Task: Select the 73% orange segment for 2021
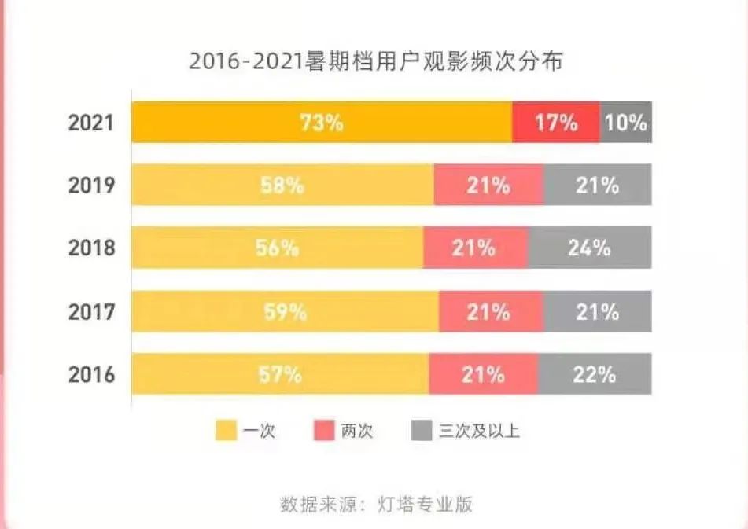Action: point(321,123)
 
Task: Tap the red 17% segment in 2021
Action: point(556,123)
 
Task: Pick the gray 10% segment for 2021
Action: point(626,123)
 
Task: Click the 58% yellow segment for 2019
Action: point(282,186)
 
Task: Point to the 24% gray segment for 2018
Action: point(590,248)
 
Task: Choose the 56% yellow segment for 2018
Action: point(277,248)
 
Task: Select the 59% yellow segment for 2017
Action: point(285,311)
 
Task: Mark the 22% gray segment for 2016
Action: point(595,374)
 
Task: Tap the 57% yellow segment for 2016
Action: point(280,374)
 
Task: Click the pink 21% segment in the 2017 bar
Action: point(491,311)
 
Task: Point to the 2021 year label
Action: point(91,123)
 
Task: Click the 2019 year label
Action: point(91,186)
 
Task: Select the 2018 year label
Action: point(91,248)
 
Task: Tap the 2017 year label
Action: point(91,311)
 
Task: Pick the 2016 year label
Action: point(91,374)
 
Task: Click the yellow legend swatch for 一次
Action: point(226,430)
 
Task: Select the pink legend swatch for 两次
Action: point(325,430)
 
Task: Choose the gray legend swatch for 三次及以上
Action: point(422,430)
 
